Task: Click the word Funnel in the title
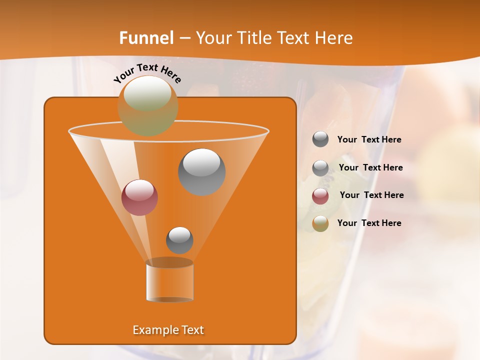click(x=146, y=38)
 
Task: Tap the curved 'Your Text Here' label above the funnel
click(x=147, y=73)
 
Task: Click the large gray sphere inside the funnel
click(x=201, y=172)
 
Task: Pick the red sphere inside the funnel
click(x=139, y=197)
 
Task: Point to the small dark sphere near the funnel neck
click(x=179, y=240)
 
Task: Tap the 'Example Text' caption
click(x=168, y=330)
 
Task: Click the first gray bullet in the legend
click(x=320, y=139)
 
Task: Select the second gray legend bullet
click(x=320, y=167)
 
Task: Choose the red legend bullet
click(x=320, y=195)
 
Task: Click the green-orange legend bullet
click(x=320, y=223)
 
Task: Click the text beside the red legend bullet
click(x=371, y=195)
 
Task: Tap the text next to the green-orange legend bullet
click(x=369, y=223)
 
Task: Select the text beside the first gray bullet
click(x=369, y=139)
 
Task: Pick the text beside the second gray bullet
click(x=370, y=167)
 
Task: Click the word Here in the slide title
click(x=333, y=38)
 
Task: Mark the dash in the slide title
click(x=184, y=38)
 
